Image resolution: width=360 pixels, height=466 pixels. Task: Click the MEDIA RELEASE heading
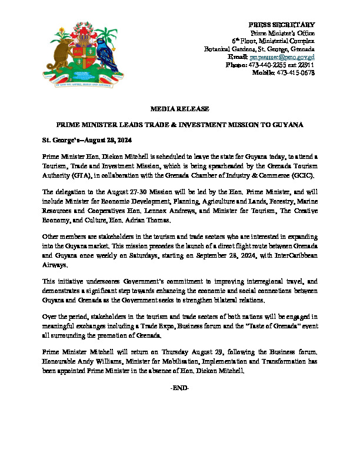(x=179, y=109)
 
